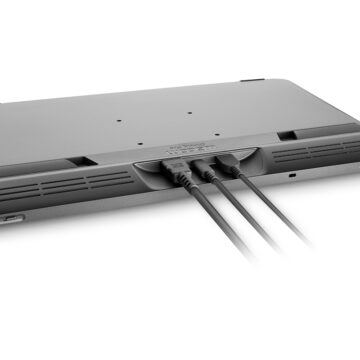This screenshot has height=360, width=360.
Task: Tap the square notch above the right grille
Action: coord(286,134)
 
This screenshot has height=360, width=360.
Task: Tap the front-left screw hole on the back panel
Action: coord(122,125)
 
